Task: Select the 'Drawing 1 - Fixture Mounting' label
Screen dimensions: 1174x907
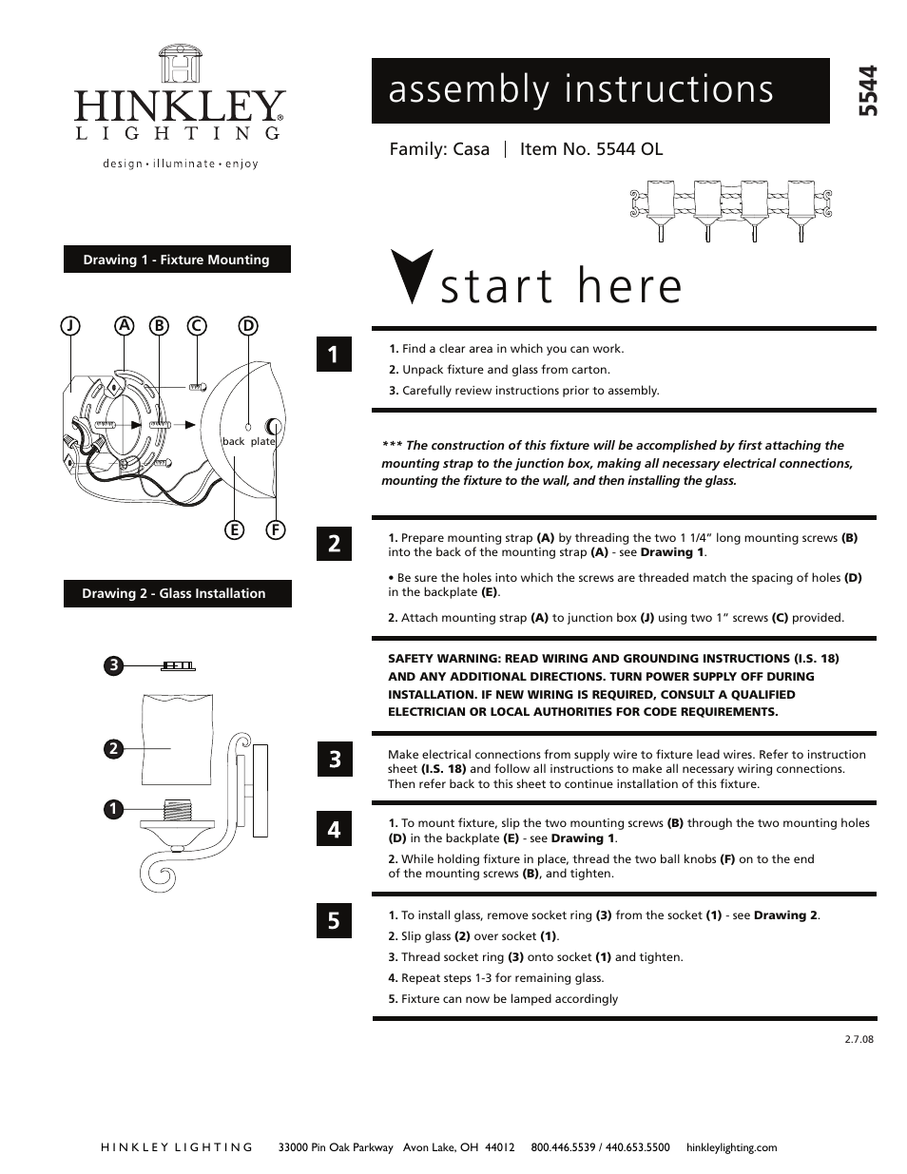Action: coord(177,260)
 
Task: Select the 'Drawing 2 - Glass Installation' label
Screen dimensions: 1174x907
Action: coord(177,593)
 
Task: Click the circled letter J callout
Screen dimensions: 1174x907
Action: coord(70,325)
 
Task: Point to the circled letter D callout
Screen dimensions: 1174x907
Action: coord(248,325)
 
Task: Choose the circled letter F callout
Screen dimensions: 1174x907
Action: coord(275,529)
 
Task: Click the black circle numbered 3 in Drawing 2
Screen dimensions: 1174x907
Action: coord(112,665)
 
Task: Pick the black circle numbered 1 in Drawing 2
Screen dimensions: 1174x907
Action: coord(112,809)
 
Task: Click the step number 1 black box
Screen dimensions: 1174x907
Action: coord(334,355)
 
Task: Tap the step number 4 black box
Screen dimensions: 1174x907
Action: coord(334,829)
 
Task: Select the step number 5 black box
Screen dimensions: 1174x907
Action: coord(334,920)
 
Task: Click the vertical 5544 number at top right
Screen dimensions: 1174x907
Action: coord(867,91)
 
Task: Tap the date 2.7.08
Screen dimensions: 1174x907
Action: coord(858,1039)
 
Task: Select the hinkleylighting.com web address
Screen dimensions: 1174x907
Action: coord(731,1147)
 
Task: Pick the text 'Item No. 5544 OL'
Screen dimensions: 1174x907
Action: coord(590,149)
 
